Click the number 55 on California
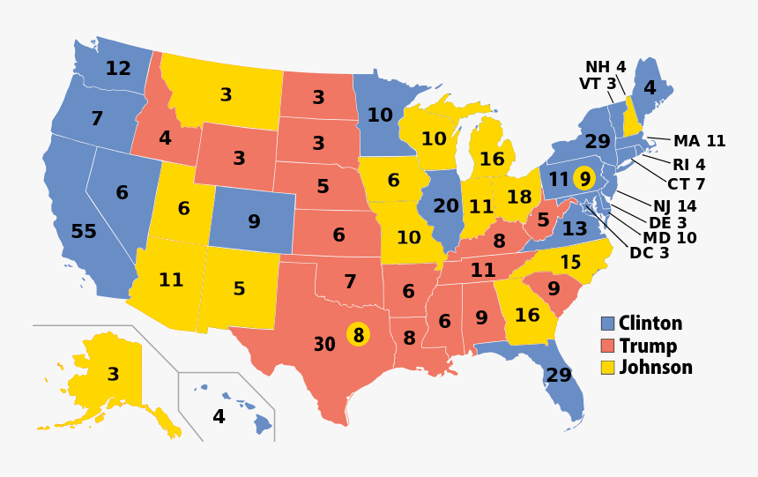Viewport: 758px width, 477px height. coord(84,232)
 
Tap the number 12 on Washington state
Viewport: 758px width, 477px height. coord(118,69)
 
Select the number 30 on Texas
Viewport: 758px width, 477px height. coord(324,345)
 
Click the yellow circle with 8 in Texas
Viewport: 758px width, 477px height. coord(357,335)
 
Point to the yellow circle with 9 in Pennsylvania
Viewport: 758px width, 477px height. coord(584,177)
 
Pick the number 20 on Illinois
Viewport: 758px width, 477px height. coord(446,205)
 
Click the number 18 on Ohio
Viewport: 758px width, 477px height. coord(519,198)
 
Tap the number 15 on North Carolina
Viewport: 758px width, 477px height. coord(570,263)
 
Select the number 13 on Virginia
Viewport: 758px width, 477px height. coord(574,229)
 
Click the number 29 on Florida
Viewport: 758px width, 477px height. coord(558,376)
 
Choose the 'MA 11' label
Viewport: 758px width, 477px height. coord(699,141)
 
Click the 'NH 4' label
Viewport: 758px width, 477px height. coord(606,67)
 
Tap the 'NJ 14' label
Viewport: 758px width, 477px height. coord(674,206)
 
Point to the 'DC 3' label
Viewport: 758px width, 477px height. coord(650,253)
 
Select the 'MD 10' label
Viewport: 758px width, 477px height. coord(669,238)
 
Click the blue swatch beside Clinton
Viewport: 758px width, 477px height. coord(607,324)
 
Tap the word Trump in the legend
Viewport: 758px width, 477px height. coord(648,346)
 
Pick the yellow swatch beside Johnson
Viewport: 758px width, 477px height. coord(607,367)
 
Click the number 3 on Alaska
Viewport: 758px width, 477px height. coord(113,375)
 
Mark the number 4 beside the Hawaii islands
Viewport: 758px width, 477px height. coord(219,417)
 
